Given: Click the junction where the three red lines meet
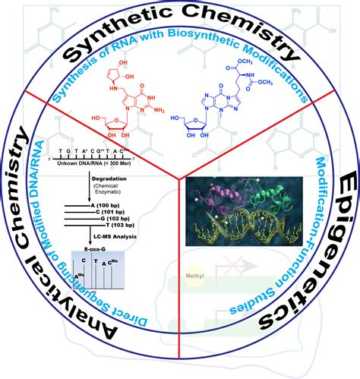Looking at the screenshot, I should (x=179, y=179).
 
